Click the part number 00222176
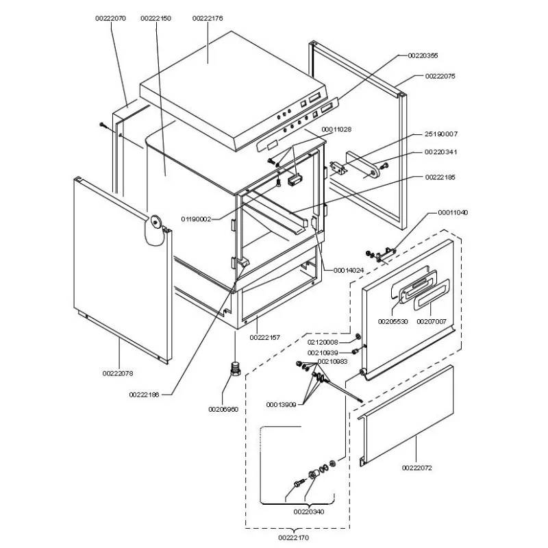tap(208, 18)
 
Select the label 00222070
tap(110, 18)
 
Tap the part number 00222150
tap(155, 18)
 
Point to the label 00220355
tap(423, 55)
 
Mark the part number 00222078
tap(118, 373)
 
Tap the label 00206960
tap(223, 409)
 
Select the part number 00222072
tap(417, 468)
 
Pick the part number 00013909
tap(282, 406)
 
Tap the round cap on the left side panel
tap(157, 222)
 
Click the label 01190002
tap(196, 219)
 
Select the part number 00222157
tap(264, 338)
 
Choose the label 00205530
tap(393, 321)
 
